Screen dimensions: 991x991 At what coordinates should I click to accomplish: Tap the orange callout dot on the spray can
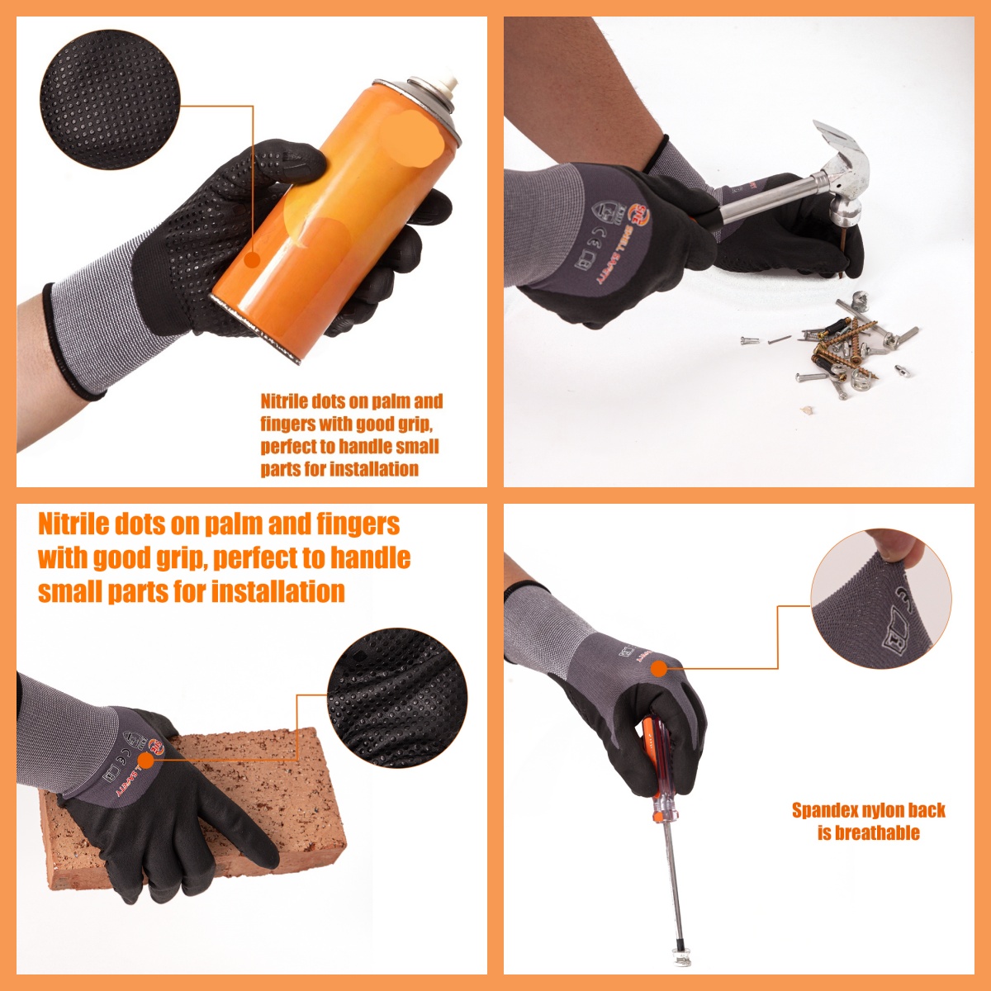pos(252,259)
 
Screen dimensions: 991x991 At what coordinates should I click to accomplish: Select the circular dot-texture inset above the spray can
pos(109,101)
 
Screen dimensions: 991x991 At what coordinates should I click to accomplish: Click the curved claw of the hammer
pos(834,140)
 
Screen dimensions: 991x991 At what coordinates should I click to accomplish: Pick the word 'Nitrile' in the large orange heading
pos(73,524)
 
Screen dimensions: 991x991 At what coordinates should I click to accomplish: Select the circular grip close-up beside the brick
pos(397,697)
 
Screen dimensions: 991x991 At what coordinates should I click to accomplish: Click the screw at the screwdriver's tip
pos(681,958)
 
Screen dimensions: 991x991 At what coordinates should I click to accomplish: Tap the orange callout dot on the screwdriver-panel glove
pos(658,668)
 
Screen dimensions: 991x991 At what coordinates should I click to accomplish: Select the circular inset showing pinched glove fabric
pos(880,599)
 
